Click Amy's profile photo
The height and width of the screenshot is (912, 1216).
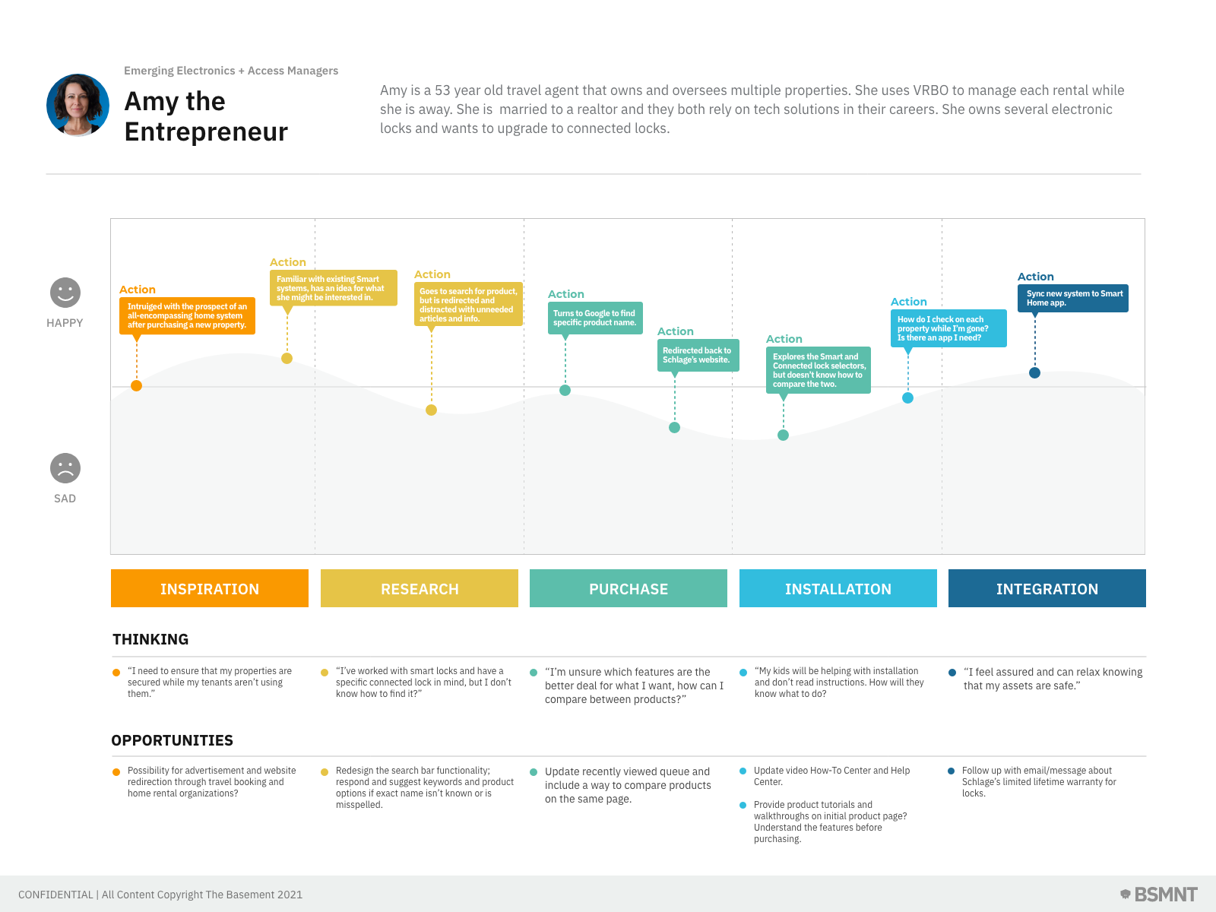[78, 105]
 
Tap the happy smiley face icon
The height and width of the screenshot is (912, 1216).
[65, 293]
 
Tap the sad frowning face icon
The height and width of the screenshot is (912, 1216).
[65, 468]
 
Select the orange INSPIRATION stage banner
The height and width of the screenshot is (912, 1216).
[210, 588]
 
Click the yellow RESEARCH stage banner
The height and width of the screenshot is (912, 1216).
[420, 588]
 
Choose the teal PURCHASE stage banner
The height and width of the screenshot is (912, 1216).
[629, 588]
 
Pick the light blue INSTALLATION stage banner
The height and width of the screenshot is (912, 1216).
[838, 588]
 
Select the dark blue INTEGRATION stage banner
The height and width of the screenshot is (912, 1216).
[1047, 588]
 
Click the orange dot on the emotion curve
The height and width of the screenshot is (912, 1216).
[137, 385]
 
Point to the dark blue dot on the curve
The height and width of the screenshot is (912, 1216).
[1034, 372]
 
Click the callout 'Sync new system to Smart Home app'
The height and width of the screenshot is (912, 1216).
[1073, 298]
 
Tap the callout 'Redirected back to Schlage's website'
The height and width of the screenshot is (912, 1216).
[698, 355]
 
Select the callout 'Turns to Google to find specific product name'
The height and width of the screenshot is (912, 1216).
[595, 318]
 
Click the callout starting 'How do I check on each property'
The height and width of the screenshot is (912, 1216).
[948, 328]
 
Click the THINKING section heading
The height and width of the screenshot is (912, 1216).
[150, 639]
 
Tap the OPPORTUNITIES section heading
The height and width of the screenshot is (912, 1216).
[173, 740]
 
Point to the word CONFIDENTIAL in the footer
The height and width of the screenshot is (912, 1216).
[55, 895]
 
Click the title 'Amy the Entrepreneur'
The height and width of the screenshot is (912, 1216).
[206, 116]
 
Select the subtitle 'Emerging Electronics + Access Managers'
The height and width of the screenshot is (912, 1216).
[231, 71]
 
